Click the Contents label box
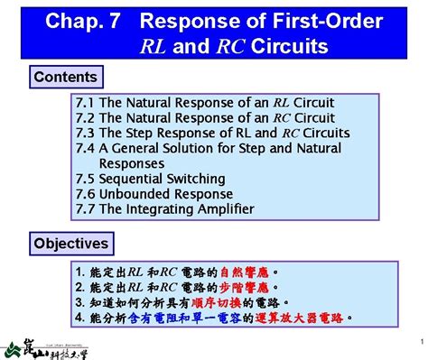pyautogui.click(x=65, y=78)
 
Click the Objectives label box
pyautogui.click(x=71, y=244)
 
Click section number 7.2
pyautogui.click(x=86, y=118)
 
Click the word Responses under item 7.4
pyautogui.click(x=132, y=163)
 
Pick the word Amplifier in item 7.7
pyautogui.click(x=218, y=209)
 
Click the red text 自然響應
pyautogui.click(x=244, y=272)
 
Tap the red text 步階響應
pyautogui.click(x=244, y=287)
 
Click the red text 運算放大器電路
pyautogui.click(x=300, y=318)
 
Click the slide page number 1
pyautogui.click(x=422, y=341)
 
